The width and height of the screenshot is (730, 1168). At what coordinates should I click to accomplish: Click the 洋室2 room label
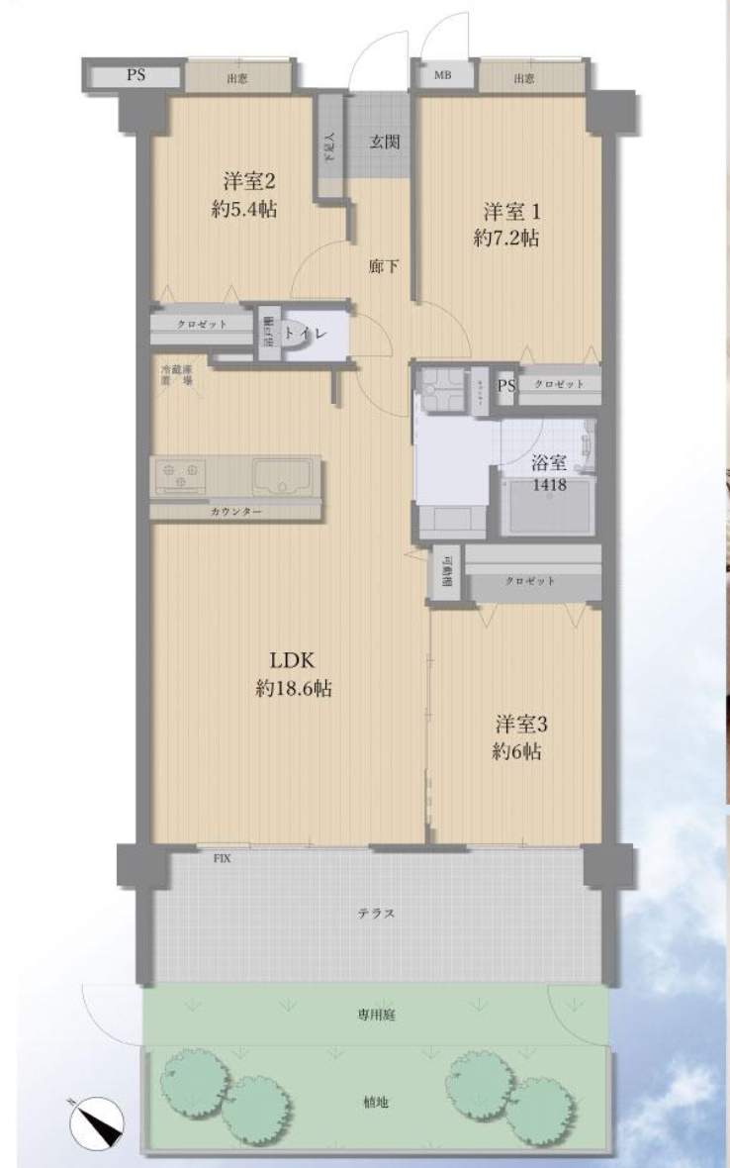click(x=247, y=182)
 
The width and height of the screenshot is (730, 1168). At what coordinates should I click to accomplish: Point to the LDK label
click(x=293, y=661)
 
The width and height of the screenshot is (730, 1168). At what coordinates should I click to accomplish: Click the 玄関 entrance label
click(x=385, y=142)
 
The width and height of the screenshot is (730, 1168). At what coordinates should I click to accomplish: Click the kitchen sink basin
click(x=282, y=478)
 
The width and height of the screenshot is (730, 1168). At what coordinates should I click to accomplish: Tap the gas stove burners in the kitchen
click(x=179, y=477)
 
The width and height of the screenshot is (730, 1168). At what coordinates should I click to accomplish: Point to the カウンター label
click(x=235, y=512)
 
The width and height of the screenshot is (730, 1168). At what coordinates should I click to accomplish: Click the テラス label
click(x=377, y=914)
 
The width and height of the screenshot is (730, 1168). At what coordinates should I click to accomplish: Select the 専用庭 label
click(x=377, y=1016)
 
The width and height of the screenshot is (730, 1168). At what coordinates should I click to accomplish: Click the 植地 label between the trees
click(x=376, y=1103)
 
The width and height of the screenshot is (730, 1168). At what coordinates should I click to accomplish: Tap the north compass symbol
click(x=98, y=1123)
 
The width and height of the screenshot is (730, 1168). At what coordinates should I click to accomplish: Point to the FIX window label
click(x=223, y=858)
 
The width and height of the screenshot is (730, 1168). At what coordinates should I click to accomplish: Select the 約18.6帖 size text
click(x=293, y=690)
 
